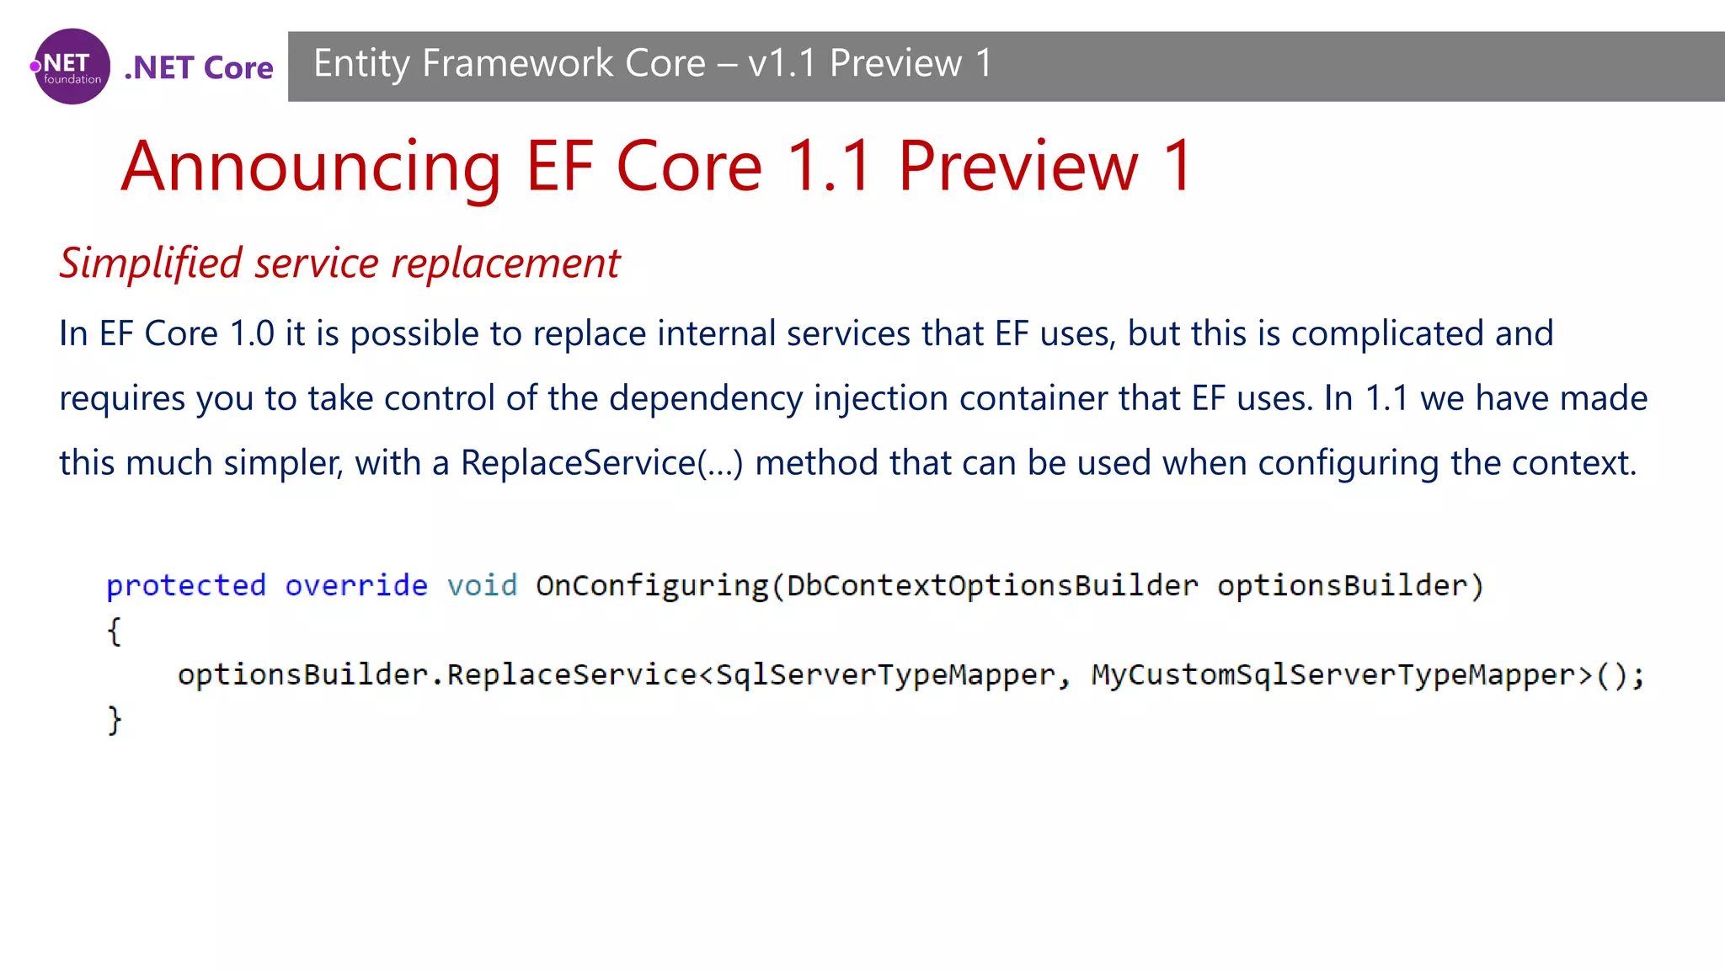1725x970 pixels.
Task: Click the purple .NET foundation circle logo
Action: pos(72,67)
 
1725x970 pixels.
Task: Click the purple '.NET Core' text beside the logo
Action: pos(199,67)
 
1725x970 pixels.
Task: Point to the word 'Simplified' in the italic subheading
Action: pos(151,264)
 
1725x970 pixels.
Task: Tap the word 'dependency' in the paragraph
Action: pos(706,399)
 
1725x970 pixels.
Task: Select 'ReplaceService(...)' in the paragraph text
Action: pos(601,463)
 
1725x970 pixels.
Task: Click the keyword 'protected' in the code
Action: pos(186,585)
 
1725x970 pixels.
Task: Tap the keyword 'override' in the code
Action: pos(356,585)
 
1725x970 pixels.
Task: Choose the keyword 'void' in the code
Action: pos(482,585)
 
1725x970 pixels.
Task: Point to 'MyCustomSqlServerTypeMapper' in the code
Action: pos(1333,674)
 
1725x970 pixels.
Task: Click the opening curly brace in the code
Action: pos(115,631)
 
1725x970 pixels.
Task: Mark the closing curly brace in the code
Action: pos(115,720)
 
